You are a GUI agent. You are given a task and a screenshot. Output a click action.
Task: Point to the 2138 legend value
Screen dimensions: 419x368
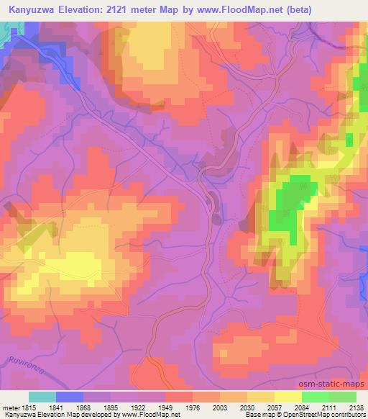[x=356, y=407]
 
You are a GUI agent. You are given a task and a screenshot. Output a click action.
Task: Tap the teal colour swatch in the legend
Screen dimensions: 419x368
[x=42, y=397]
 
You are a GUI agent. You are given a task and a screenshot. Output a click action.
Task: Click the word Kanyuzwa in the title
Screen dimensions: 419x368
[x=27, y=9]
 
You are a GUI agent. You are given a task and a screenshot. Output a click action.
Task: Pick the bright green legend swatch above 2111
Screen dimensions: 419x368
[x=316, y=397]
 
